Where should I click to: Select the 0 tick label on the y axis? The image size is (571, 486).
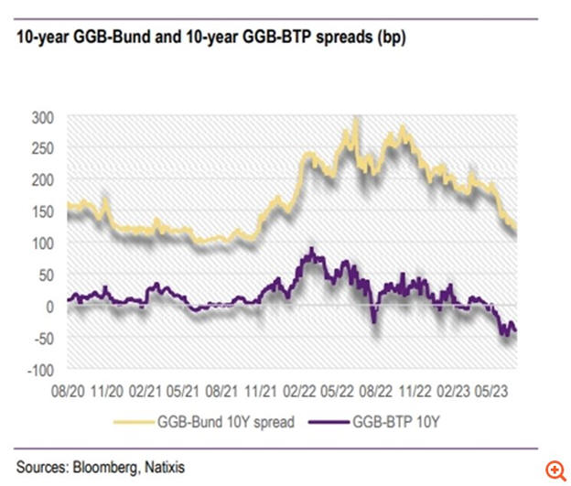pos(52,307)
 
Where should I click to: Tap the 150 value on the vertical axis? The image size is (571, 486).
pos(45,211)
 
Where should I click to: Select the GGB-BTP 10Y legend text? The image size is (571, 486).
pos(405,422)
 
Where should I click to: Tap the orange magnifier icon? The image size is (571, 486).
pos(555,469)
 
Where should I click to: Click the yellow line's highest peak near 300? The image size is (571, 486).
pos(355,119)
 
